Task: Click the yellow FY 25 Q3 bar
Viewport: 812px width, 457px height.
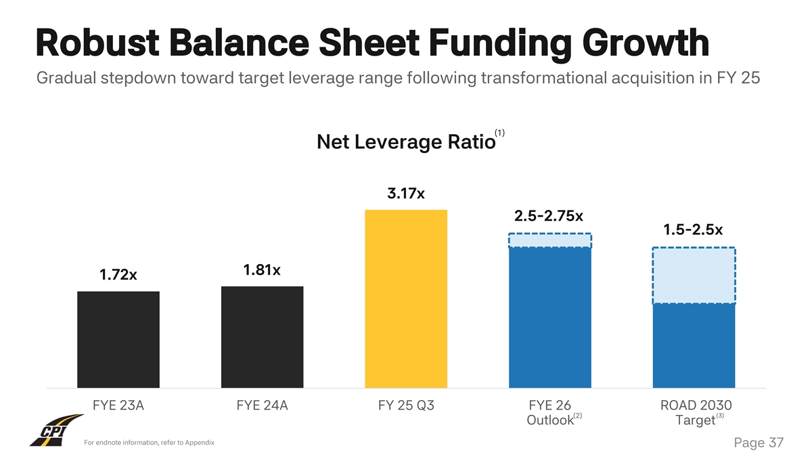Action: tap(406, 299)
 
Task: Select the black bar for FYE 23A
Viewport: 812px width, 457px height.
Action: tap(118, 339)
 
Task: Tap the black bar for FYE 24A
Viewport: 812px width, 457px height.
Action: tap(262, 337)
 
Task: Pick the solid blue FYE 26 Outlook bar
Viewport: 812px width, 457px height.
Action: tap(550, 318)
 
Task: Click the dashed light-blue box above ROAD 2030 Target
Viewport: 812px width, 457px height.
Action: tap(694, 276)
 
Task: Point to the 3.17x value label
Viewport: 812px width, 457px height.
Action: tap(406, 194)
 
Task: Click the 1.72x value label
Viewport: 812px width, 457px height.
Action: tap(118, 276)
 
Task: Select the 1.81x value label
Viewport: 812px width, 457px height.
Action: tap(262, 271)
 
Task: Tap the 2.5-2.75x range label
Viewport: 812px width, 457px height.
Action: tap(549, 216)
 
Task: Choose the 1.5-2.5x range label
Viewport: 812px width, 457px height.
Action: tap(693, 230)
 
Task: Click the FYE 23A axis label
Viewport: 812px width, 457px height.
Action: tap(118, 406)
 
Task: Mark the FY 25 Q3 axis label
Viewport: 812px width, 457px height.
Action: tap(406, 406)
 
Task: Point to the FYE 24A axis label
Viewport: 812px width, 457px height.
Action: tap(262, 406)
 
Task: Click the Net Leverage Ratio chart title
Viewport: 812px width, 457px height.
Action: tap(405, 144)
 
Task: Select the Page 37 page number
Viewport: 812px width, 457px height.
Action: tap(758, 443)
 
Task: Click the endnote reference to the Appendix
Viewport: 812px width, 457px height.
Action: tap(149, 443)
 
